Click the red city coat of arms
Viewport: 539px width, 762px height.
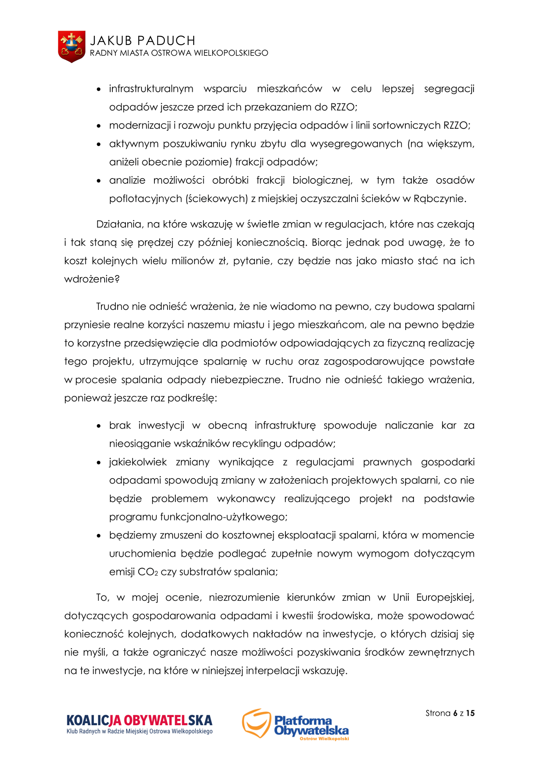click(71, 47)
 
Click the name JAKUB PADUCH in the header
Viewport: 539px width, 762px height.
click(143, 40)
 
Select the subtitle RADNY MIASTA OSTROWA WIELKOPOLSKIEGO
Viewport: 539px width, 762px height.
click(179, 53)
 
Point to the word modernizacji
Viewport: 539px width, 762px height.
click(140, 125)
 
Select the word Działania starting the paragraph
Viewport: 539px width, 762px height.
click(119, 224)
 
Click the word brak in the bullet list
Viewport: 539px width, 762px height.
click(119, 425)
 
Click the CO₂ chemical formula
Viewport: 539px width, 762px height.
click(148, 572)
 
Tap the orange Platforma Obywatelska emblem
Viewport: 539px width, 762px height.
click(256, 723)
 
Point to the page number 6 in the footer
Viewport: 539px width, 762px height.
click(455, 713)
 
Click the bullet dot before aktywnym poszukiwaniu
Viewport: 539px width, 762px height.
click(99, 144)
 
